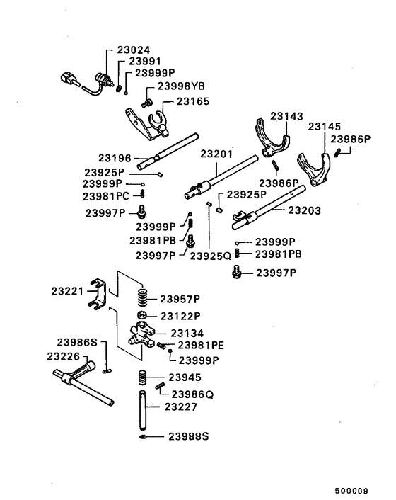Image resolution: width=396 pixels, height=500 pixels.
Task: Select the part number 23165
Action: point(193,102)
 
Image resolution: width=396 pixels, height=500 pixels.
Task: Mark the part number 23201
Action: point(216,153)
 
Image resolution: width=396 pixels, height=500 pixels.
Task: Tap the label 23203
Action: point(305,210)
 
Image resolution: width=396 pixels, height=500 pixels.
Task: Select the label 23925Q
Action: point(211,256)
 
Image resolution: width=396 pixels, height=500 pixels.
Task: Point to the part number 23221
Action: point(68,291)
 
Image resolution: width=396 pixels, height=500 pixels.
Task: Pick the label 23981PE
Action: point(202,345)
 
